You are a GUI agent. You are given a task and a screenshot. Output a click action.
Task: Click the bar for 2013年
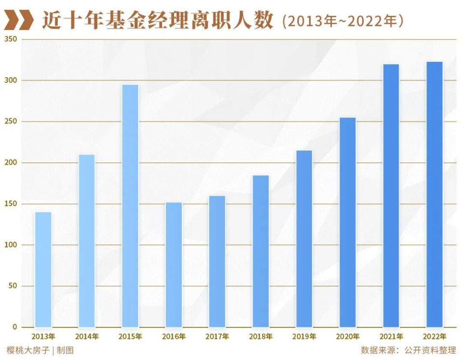tap(43, 270)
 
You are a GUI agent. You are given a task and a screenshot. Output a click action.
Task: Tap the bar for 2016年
tap(174, 265)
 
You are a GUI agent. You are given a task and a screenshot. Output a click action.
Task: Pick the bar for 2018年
tap(261, 251)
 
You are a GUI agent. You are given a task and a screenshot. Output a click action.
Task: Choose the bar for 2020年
tap(348, 222)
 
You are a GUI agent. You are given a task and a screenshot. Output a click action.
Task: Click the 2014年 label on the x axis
tap(87, 336)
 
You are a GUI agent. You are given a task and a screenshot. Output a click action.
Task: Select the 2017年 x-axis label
tap(217, 336)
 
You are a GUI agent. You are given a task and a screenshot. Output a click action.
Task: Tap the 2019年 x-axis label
tap(304, 336)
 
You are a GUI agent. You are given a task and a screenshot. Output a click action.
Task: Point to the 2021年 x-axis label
tap(391, 336)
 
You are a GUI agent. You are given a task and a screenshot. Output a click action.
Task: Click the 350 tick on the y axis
tap(11, 39)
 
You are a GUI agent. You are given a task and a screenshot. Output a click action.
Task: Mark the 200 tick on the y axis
tap(11, 162)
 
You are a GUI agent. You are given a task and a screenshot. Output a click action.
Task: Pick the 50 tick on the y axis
tap(12, 286)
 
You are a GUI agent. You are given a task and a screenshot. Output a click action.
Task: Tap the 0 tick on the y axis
tap(14, 327)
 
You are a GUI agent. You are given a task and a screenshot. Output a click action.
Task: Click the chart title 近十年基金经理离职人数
tap(157, 21)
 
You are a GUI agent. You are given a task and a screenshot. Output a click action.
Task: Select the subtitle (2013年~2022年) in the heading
tap(342, 21)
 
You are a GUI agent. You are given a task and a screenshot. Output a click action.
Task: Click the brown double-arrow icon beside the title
tap(19, 21)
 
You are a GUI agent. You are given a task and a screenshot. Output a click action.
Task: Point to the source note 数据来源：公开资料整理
tap(408, 350)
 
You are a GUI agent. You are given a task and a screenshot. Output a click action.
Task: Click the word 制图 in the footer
tap(66, 350)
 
